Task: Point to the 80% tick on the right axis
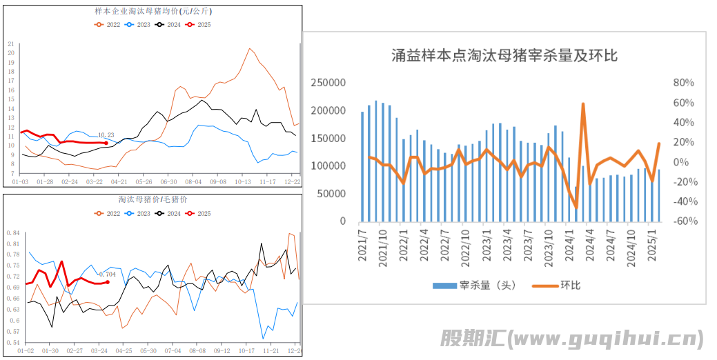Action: [x=683, y=83]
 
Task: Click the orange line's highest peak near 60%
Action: [x=583, y=104]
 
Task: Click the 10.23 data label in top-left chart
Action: [x=106, y=135]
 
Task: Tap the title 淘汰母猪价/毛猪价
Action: [x=153, y=199]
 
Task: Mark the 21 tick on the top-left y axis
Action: [x=10, y=43]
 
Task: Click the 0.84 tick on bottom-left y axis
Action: [x=13, y=233]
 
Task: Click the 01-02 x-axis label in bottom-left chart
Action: [x=26, y=351]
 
